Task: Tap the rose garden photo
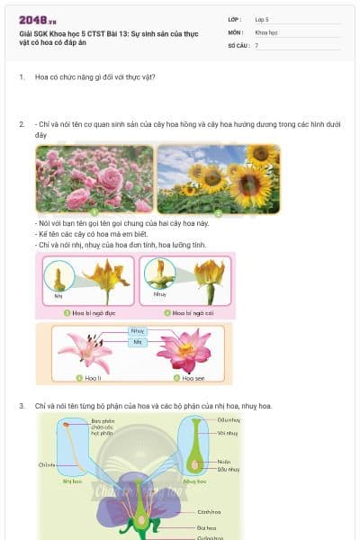pos(94,179)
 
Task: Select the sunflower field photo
pos(218,179)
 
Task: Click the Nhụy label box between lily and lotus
pos(138,331)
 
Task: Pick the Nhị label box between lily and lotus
pos(138,342)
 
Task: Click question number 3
pos(22,406)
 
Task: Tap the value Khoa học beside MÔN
pos(266,31)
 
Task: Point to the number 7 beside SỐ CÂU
pos(257,44)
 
